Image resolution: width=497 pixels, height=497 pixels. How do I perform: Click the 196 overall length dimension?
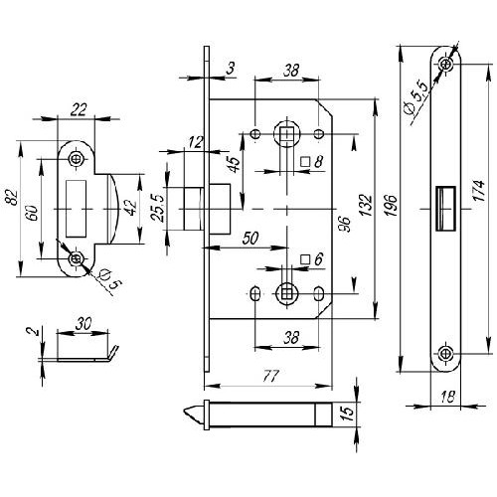[x=392, y=205]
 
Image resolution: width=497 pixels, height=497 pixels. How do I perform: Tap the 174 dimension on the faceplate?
[x=479, y=190]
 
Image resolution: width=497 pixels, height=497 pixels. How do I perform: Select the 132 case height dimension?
[x=366, y=205]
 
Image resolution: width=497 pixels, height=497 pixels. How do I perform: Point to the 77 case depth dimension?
[x=271, y=376]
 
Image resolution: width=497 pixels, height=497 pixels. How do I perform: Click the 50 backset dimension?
[x=250, y=239]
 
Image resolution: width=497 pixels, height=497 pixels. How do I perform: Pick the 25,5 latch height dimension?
[x=157, y=208]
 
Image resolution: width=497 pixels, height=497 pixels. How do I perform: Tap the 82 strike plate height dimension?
[x=13, y=198]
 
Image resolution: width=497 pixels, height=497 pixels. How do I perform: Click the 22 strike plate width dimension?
[x=79, y=109]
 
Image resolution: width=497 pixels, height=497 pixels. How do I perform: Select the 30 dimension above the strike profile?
[x=83, y=323]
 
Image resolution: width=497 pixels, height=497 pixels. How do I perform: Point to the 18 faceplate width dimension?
[x=447, y=397]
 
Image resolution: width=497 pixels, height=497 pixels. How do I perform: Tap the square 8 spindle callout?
[x=312, y=162]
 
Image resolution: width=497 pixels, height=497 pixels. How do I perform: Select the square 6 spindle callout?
[x=312, y=258]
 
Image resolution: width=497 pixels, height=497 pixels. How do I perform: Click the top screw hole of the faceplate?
[x=446, y=64]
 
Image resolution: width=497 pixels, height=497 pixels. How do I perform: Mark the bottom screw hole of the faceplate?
[x=444, y=354]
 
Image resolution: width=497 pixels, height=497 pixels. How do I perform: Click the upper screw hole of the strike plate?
[x=77, y=159]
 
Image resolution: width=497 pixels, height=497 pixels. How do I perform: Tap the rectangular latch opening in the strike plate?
[x=77, y=209]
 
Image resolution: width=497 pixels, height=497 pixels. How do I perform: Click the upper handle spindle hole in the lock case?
[x=287, y=134]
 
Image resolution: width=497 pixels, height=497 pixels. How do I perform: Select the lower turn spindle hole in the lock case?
[x=286, y=293]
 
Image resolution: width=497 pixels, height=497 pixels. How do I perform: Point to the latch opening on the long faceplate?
[x=445, y=209]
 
